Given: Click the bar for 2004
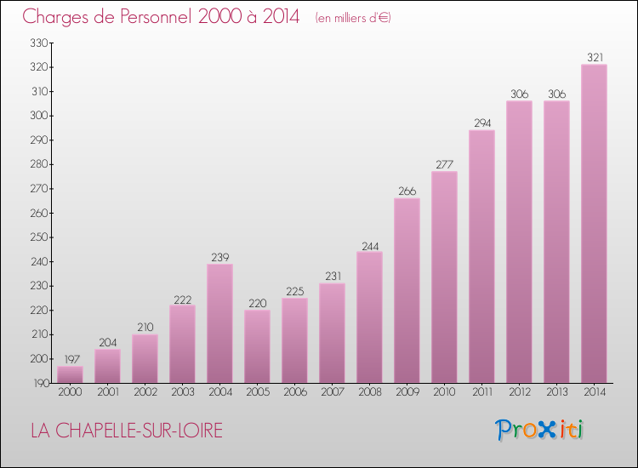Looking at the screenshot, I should tap(219, 323).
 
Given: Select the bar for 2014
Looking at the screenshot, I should tap(594, 224).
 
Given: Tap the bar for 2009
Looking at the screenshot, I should tap(407, 290).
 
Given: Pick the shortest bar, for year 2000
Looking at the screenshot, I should tap(70, 374).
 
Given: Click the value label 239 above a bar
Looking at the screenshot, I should tap(219, 257).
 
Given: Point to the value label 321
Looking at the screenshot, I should tap(594, 58).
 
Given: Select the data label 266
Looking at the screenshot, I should tap(407, 191).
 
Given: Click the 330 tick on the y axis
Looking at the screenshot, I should tap(40, 43).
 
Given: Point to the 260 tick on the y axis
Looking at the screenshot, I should tap(40, 213).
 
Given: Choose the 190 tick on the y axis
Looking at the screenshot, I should tap(40, 384).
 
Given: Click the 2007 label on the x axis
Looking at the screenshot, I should tap(332, 392).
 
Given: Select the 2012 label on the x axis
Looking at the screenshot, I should tap(519, 392).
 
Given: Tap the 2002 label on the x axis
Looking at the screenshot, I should tap(145, 392).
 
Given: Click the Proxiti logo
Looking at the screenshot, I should tap(540, 430).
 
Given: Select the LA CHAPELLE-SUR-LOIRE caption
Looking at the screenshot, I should tap(127, 431).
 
